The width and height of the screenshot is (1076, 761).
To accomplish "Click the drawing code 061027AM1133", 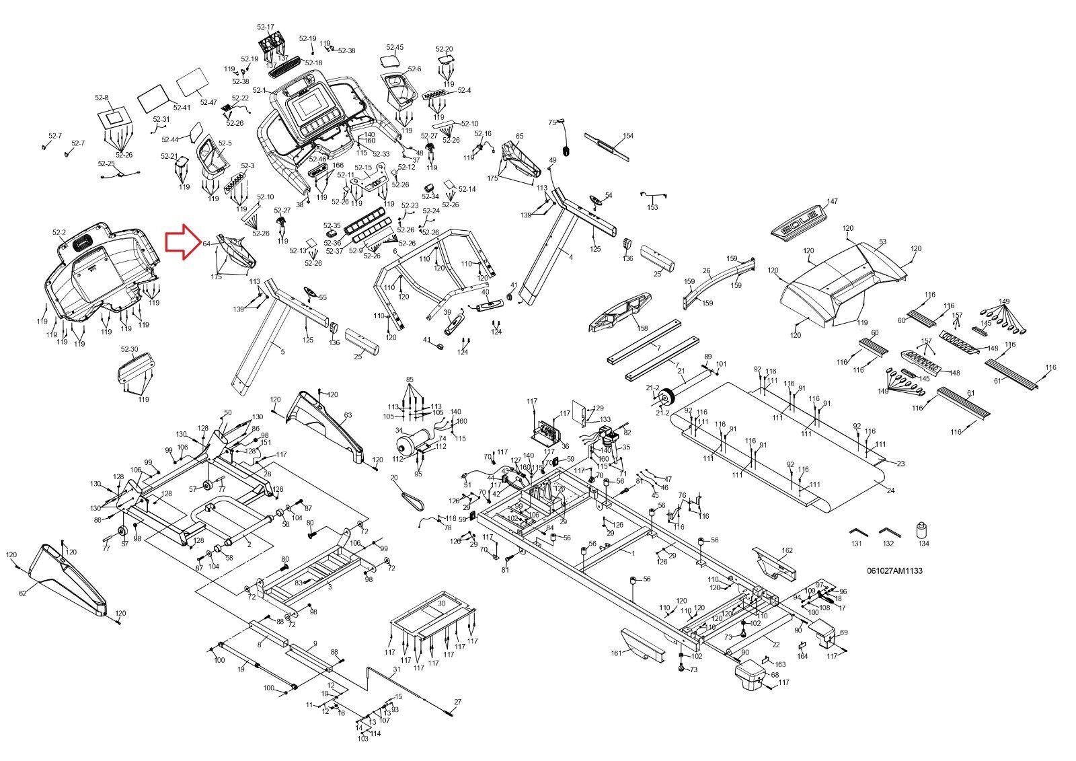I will click(x=894, y=571).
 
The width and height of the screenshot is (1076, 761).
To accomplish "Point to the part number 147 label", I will click(x=833, y=202).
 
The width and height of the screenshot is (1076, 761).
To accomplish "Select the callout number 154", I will click(x=627, y=136).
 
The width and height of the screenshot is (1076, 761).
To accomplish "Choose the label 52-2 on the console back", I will click(x=59, y=233).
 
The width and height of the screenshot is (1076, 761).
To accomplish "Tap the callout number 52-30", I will click(x=129, y=349).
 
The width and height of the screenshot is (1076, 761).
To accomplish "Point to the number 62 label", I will click(x=23, y=593).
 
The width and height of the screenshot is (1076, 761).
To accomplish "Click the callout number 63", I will click(x=348, y=415).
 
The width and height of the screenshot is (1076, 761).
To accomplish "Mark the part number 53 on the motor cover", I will click(x=882, y=242).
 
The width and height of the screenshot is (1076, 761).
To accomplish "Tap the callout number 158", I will click(x=642, y=328).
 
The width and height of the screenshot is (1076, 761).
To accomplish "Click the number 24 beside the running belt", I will click(x=890, y=491).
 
